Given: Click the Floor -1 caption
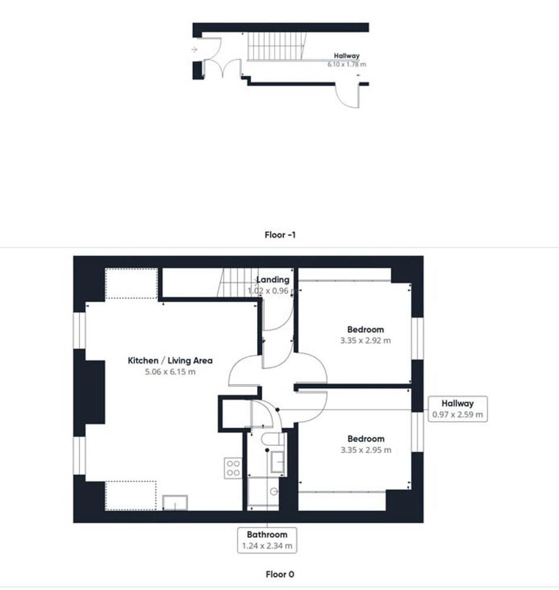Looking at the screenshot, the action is click(x=280, y=235).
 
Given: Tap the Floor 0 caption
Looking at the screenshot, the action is click(x=280, y=574).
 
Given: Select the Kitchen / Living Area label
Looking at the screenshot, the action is click(x=170, y=360).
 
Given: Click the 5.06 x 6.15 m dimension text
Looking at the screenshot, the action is click(x=170, y=372).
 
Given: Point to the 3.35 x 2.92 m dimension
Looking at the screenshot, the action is click(x=365, y=340).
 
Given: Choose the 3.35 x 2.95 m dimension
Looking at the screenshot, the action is click(x=366, y=450).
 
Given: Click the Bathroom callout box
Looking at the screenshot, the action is click(x=267, y=540).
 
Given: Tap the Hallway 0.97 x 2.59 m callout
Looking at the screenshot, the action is click(x=458, y=409).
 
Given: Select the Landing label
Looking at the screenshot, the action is click(x=273, y=280).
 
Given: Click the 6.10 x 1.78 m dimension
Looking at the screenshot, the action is click(x=347, y=64).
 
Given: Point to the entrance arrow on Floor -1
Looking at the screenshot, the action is click(x=194, y=50).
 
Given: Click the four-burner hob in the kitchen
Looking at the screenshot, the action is click(x=234, y=468).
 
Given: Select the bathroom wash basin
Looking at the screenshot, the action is click(x=278, y=462).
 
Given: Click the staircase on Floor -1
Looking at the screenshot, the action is click(x=276, y=46).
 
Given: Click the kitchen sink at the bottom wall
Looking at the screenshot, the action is click(x=175, y=503).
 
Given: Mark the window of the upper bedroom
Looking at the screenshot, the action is click(x=417, y=339).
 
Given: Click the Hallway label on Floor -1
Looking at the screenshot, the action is click(x=347, y=56).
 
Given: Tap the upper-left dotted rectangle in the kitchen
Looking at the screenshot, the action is click(x=131, y=283).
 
